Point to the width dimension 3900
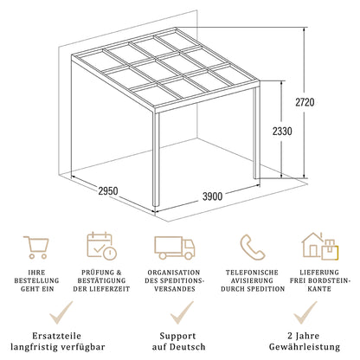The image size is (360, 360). coord(213,196)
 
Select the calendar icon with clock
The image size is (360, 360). coord(100,246)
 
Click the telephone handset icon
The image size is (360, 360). coord(253,246)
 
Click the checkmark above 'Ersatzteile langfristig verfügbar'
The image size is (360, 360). coord(59,312)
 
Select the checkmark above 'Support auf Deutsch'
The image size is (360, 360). coord(180,312)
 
